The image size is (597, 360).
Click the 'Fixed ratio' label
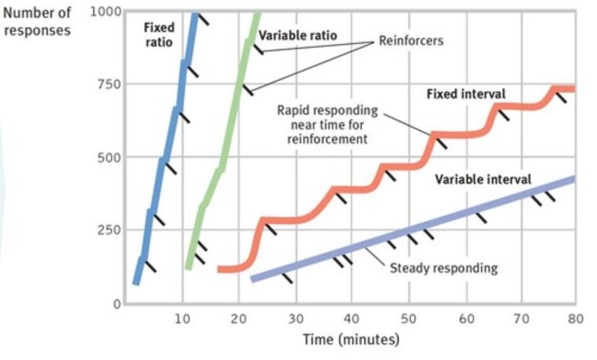(x=159, y=35)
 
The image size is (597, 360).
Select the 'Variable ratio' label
(x=298, y=36)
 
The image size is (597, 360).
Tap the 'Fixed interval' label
(x=466, y=94)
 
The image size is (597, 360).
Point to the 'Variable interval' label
(x=483, y=179)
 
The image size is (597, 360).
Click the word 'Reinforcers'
(x=411, y=41)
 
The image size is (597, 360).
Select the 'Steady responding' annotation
(x=444, y=268)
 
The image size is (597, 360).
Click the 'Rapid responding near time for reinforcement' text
(x=327, y=124)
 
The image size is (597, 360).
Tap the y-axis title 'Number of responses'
(x=37, y=22)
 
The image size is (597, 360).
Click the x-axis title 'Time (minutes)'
(x=351, y=340)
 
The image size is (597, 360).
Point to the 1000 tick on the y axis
(x=106, y=11)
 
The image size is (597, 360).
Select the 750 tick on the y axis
(x=109, y=84)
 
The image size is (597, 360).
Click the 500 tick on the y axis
(x=109, y=157)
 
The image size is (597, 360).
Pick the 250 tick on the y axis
(x=109, y=230)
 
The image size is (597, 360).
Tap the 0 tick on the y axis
(x=117, y=304)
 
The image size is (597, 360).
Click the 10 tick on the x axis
(x=182, y=319)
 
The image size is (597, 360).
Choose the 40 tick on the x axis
(x=352, y=319)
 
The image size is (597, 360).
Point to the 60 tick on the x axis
(x=466, y=319)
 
